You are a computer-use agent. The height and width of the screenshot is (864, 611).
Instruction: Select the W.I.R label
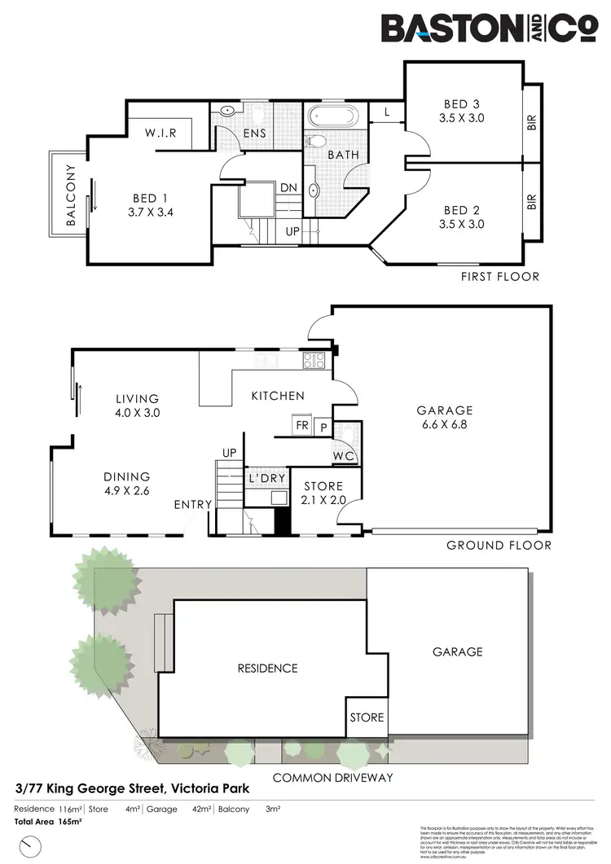[x=160, y=133]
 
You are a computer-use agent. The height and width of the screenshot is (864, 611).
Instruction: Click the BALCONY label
[x=70, y=195]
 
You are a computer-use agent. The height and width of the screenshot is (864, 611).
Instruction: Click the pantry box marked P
[x=323, y=427]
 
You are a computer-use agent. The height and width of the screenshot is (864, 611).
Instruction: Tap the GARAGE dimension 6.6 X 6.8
[x=444, y=425]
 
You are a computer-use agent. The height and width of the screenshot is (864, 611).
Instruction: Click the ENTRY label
[x=193, y=505]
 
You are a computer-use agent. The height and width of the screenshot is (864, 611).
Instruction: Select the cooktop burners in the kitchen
[x=314, y=360]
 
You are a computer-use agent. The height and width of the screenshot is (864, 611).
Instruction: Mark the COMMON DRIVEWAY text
[x=332, y=778]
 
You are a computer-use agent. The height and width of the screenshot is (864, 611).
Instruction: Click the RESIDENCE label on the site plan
[x=267, y=669]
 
